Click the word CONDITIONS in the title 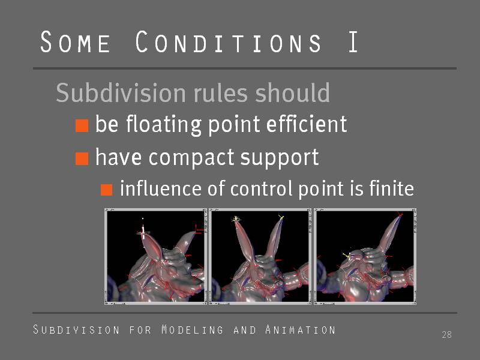click(x=229, y=41)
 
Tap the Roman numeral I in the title click(x=353, y=41)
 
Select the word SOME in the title click(x=75, y=42)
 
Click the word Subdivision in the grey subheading click(x=121, y=92)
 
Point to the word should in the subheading click(x=292, y=92)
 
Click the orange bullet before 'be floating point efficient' click(x=82, y=125)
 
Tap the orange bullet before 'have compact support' click(x=82, y=158)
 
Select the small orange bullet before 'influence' click(x=107, y=190)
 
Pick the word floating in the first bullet click(x=164, y=125)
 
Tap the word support click(x=280, y=158)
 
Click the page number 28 click(x=446, y=335)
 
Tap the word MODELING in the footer click(x=192, y=329)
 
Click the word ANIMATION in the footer click(x=301, y=329)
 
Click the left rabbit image click(x=155, y=257)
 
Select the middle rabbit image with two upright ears click(x=260, y=257)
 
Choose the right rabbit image click(x=365, y=257)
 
